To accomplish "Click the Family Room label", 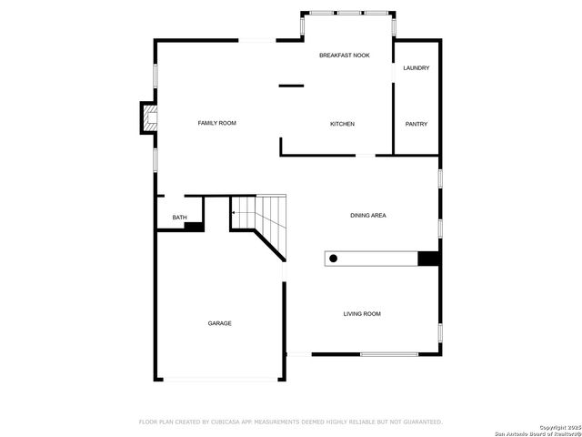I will (x=217, y=123).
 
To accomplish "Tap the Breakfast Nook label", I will (x=345, y=56).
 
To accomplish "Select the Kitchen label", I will (x=342, y=124).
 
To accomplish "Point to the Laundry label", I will (x=416, y=68).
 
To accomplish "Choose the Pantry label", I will (x=416, y=124).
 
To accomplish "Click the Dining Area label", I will (x=368, y=216).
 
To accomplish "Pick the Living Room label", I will (x=362, y=314).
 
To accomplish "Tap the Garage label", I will (x=219, y=323).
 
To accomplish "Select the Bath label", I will (x=180, y=218).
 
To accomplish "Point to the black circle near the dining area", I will (x=334, y=259).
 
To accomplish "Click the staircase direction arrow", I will (x=235, y=213).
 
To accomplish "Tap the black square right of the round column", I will (x=428, y=259).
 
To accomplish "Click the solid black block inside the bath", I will (x=194, y=226).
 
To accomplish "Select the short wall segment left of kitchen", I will (x=291, y=86).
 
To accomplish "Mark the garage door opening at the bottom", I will (x=220, y=380).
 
